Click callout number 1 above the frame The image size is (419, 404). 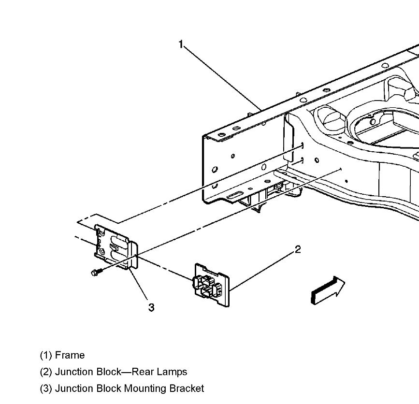[x=181, y=44]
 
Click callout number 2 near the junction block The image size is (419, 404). [x=298, y=249]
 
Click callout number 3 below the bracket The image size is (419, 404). [x=151, y=307]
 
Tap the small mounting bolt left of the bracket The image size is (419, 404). [x=94, y=273]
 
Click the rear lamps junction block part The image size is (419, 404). [x=212, y=285]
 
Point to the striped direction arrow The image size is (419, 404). [x=327, y=290]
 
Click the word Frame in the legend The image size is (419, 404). [x=70, y=356]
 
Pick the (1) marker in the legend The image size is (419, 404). [x=46, y=356]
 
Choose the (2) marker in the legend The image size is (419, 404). [x=46, y=372]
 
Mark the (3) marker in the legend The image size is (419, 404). [x=46, y=389]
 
